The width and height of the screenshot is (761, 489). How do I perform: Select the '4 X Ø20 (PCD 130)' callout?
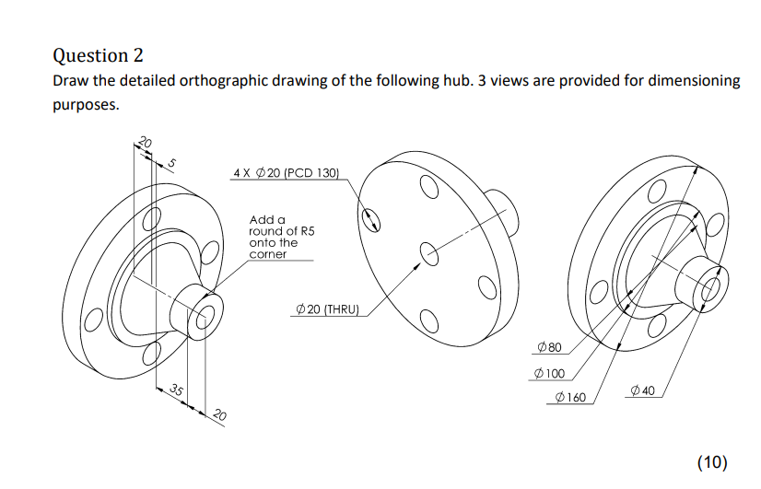click(287, 172)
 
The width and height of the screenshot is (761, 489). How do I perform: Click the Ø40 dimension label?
click(643, 392)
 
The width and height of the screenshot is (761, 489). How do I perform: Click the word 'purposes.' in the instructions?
click(86, 105)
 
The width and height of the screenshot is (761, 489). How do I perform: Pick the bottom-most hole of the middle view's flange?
click(427, 319)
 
